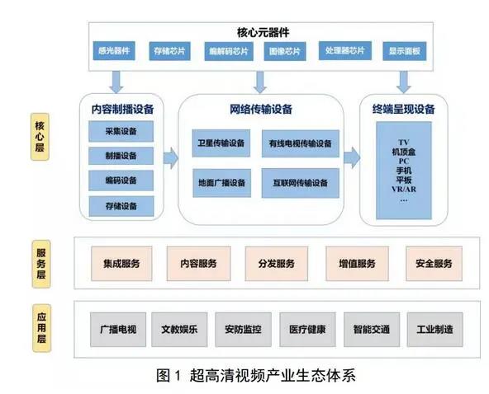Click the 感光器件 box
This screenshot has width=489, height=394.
(114, 51)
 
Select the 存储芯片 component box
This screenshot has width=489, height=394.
(169, 51)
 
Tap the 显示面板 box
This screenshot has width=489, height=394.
(405, 51)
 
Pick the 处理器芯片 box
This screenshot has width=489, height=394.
(345, 50)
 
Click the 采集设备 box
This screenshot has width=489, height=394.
(121, 131)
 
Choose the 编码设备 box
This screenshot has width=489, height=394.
(121, 181)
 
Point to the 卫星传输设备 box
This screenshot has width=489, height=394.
(221, 143)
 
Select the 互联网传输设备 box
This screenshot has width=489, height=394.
(301, 183)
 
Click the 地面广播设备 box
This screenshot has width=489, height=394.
(221, 183)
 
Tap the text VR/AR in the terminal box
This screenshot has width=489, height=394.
(404, 190)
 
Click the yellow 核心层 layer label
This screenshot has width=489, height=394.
(40, 137)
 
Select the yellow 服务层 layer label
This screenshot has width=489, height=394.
(41, 264)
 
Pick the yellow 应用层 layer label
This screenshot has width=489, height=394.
(41, 328)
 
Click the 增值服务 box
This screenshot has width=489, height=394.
(357, 264)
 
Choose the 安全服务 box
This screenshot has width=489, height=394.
(434, 264)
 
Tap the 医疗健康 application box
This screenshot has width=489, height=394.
(307, 330)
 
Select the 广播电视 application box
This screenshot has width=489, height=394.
(118, 330)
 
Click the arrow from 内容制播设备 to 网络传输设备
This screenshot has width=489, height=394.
(171, 158)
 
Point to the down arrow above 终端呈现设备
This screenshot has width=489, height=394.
(404, 82)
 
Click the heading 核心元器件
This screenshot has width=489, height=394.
(263, 32)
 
